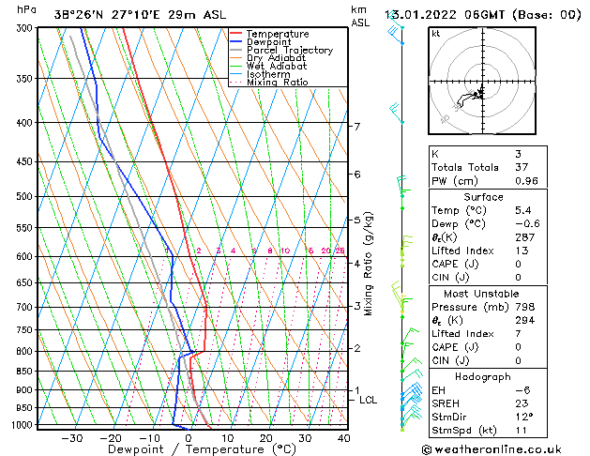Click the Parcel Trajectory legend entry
tap(289, 50)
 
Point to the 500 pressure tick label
tap(22, 197)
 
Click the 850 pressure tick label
tap(22, 372)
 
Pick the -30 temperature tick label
tap(71, 438)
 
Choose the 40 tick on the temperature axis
tap(344, 438)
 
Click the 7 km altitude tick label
tap(357, 127)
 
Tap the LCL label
tap(369, 401)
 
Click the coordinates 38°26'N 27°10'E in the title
tap(105, 15)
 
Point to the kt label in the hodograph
tap(435, 34)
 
